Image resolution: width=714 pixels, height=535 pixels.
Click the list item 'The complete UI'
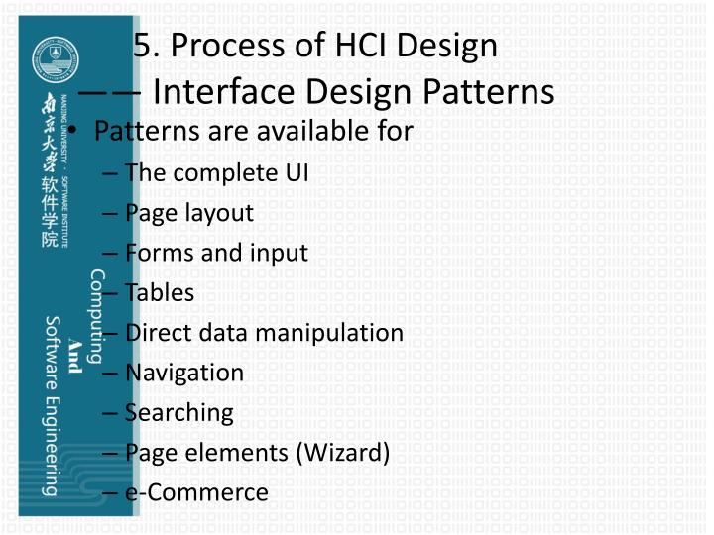click(x=216, y=172)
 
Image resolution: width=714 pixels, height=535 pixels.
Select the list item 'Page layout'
click(x=188, y=212)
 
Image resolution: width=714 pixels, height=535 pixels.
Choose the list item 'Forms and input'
click(x=216, y=253)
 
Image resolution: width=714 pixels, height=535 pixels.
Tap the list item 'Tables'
click(x=160, y=292)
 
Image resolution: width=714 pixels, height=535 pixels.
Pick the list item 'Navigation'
click(x=183, y=373)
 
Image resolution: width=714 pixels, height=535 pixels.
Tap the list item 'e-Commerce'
click(x=196, y=491)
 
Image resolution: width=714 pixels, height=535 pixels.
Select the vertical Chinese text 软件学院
click(x=48, y=215)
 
